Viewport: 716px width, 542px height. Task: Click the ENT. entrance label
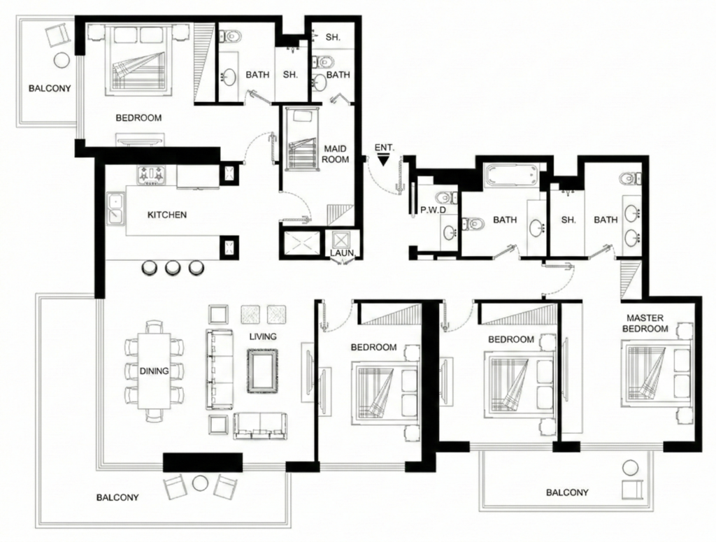(x=385, y=148)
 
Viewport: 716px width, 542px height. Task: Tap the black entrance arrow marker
(x=383, y=160)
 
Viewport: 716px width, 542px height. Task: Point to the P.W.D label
(x=433, y=210)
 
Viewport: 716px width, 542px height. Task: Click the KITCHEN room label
(x=167, y=215)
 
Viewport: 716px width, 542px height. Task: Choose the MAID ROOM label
(x=336, y=154)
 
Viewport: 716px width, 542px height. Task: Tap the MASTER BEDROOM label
(x=645, y=322)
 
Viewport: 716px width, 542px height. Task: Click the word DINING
(x=154, y=371)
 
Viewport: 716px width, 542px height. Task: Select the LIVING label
(x=262, y=336)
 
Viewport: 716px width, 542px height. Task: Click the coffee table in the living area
(x=262, y=370)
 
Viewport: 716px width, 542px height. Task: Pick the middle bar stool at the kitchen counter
(x=173, y=267)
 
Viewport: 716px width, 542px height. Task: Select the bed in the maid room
(x=301, y=140)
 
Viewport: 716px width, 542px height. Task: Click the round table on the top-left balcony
(x=61, y=61)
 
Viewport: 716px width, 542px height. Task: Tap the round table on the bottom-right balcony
(x=631, y=467)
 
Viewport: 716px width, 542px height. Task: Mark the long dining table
(x=154, y=371)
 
